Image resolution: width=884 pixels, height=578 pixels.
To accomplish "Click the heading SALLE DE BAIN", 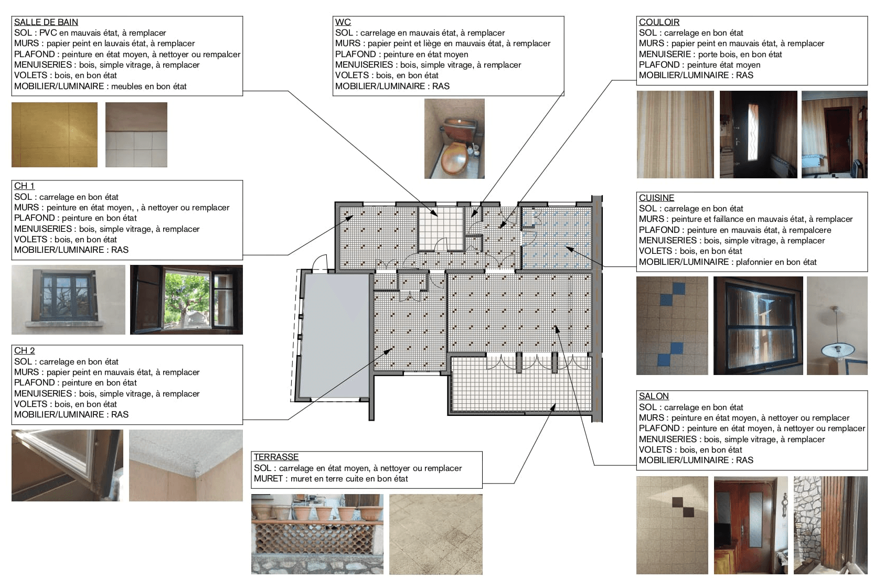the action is [46, 22].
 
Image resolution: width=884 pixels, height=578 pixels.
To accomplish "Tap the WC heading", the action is [343, 22].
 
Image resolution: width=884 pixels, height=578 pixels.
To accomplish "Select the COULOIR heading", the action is [659, 22].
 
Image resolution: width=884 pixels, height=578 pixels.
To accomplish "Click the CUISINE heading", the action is [657, 198].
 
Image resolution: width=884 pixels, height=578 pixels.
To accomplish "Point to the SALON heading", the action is [654, 396].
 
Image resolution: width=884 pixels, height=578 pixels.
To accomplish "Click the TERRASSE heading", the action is [276, 457].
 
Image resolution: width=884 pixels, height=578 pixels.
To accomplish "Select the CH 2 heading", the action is [25, 350].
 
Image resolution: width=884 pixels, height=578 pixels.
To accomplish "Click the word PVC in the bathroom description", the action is [49, 33].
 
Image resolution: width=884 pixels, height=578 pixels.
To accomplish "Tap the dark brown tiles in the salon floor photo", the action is [683, 507].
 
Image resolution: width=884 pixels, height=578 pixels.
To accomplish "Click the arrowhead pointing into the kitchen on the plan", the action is [569, 249].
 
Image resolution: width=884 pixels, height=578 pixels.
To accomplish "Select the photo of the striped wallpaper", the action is [675, 135].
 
